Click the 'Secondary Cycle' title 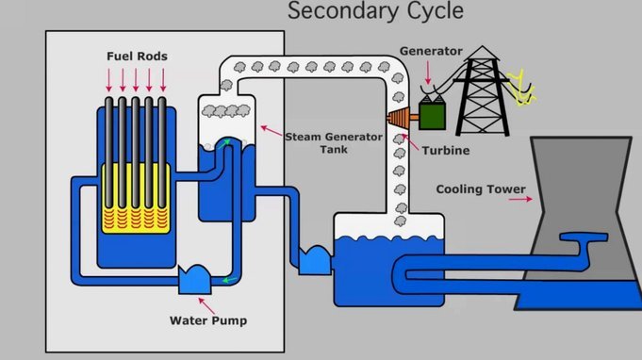[375, 10]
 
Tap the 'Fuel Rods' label [137, 56]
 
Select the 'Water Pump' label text [208, 320]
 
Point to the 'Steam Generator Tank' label [334, 143]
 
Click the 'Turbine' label [446, 151]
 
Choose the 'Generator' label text [431, 51]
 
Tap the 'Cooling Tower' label [481, 189]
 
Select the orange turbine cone [399, 118]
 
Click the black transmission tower [483, 92]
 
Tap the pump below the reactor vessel [195, 280]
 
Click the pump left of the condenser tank [315, 261]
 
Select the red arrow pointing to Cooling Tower [520, 199]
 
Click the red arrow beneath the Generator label [428, 73]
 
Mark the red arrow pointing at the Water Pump [206, 306]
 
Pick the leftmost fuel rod [109, 154]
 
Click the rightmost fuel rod [162, 154]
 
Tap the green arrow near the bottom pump [230, 280]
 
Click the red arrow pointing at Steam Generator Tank [272, 130]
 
